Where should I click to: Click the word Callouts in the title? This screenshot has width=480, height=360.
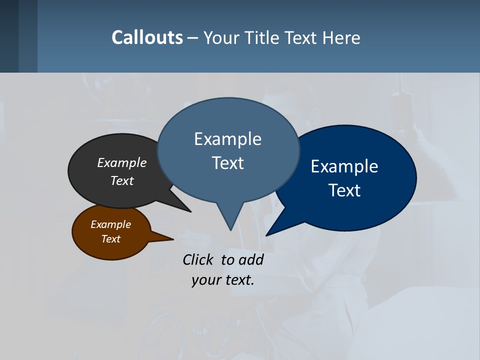point(147,37)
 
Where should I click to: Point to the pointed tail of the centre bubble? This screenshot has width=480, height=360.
point(230,227)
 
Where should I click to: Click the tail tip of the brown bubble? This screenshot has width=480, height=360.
point(172,239)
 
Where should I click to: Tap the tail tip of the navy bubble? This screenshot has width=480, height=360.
point(267,234)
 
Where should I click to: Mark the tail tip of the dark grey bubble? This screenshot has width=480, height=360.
point(189,211)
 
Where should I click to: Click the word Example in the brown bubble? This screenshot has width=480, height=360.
point(110,224)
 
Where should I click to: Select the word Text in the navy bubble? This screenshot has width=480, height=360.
point(345,190)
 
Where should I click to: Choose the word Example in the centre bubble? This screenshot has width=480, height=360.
point(227,139)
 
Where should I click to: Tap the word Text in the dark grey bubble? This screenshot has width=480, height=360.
point(122,180)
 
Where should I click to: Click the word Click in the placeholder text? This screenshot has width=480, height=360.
point(198,259)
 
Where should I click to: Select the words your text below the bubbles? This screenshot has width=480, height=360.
point(223,280)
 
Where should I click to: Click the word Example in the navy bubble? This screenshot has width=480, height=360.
point(344,166)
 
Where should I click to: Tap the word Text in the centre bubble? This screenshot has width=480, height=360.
point(228,163)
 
